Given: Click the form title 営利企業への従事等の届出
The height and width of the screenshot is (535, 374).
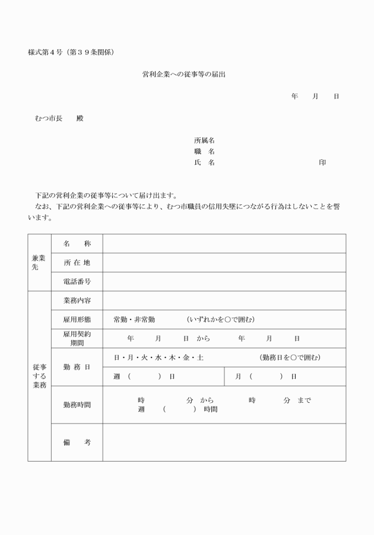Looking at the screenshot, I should [x=184, y=75].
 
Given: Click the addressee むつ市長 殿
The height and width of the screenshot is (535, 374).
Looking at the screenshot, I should [x=59, y=118].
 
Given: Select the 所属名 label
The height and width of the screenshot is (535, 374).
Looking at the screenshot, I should [x=204, y=140].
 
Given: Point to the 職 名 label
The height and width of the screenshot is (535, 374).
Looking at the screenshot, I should [x=204, y=151].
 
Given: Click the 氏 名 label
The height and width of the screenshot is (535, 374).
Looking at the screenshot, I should [x=204, y=162].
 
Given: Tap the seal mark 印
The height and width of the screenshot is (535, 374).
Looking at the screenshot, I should [x=322, y=162].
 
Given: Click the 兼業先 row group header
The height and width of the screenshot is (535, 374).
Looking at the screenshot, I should [x=39, y=262].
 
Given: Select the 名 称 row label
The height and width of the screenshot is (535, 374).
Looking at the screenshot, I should [x=77, y=244].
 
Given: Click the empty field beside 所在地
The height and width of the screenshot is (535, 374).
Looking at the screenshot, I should [x=224, y=262].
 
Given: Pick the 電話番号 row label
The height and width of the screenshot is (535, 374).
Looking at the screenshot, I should [x=77, y=281].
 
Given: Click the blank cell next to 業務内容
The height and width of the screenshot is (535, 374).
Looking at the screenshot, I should [x=224, y=300].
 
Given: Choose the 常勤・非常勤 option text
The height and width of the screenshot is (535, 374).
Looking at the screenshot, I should [x=134, y=319].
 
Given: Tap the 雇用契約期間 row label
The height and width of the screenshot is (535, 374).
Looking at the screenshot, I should [x=77, y=338].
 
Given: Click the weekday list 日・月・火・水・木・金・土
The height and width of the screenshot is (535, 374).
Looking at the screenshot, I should [x=159, y=357].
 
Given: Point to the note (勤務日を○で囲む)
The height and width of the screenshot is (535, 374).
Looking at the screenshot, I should [x=290, y=357].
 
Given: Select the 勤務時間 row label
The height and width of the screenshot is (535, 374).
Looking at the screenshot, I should [x=77, y=405].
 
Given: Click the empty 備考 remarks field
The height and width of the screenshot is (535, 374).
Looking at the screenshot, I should [x=224, y=442].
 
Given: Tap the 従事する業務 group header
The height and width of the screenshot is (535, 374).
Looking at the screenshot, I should [x=39, y=376].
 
